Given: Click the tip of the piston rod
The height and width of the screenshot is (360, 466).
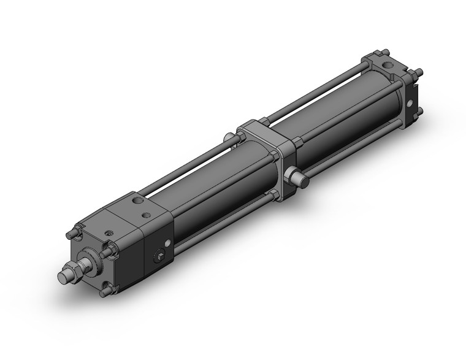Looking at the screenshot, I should (x=63, y=277).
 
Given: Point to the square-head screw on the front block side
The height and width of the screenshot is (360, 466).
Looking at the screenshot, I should (x=161, y=256).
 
